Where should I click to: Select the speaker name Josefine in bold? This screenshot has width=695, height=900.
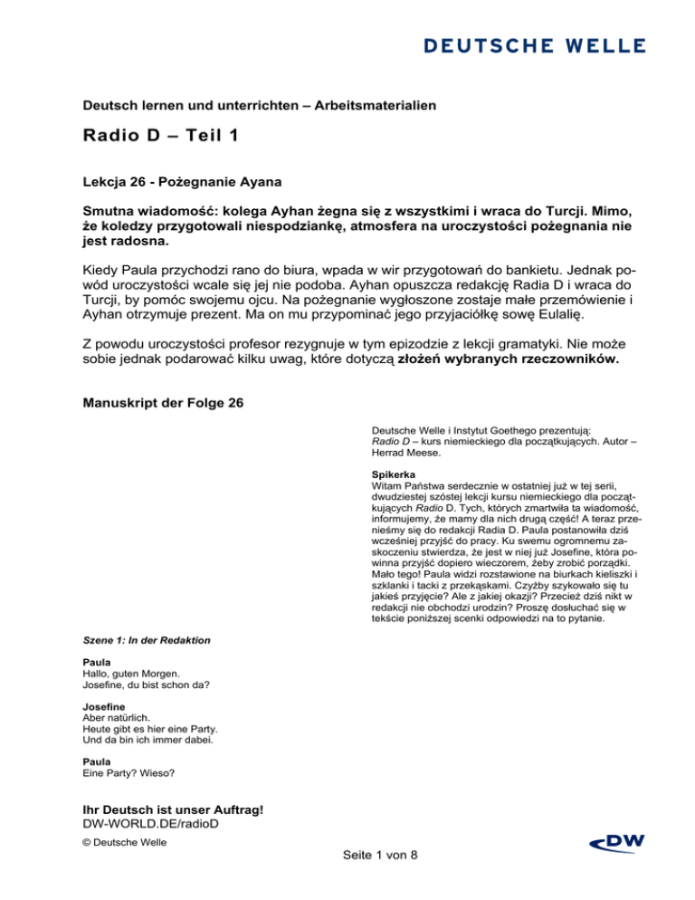point(104,709)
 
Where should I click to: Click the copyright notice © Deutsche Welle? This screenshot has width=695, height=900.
point(120,842)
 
